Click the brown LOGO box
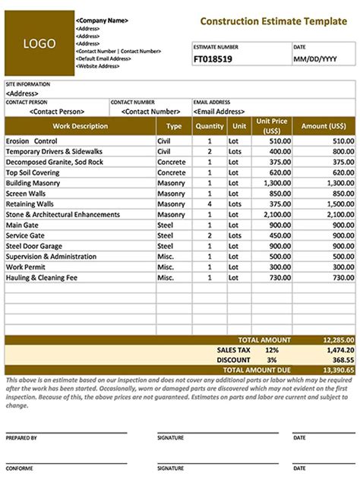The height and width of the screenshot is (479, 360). pyautogui.click(x=39, y=43)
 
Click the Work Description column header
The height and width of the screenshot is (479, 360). pyautogui.click(x=80, y=126)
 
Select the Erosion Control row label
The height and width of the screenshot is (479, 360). pyautogui.click(x=31, y=141)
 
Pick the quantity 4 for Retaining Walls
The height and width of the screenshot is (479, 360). pyautogui.click(x=209, y=204)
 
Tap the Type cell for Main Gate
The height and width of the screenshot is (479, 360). pyautogui.click(x=165, y=225)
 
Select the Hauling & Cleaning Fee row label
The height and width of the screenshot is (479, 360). pyautogui.click(x=43, y=278)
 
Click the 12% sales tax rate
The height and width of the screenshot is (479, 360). pyautogui.click(x=272, y=350)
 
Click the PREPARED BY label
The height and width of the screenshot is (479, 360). pyautogui.click(x=21, y=438)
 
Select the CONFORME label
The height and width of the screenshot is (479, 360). pyautogui.click(x=20, y=468)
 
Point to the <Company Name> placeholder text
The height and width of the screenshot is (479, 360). pyautogui.click(x=102, y=20)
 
